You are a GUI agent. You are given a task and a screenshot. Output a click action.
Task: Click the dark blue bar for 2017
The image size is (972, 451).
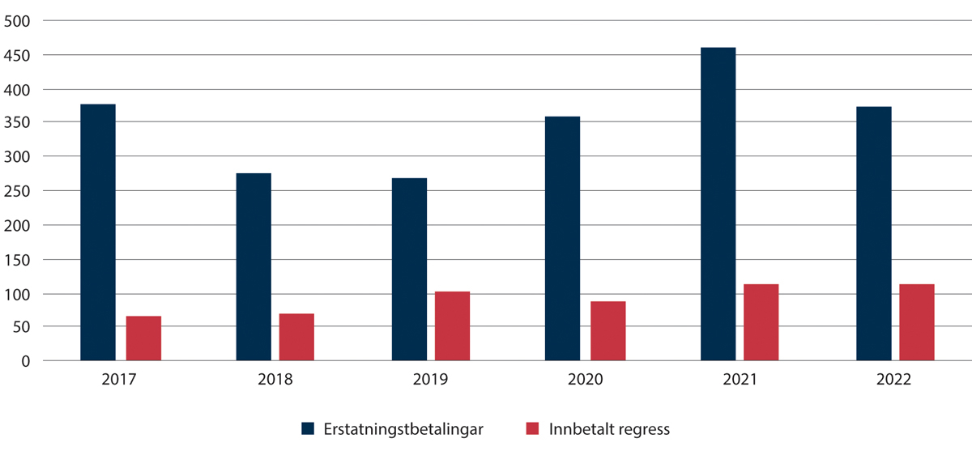tap(98, 232)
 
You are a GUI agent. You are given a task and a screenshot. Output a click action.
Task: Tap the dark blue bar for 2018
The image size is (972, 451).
tap(254, 267)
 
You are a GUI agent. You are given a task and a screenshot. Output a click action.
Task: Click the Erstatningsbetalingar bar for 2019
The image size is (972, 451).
tap(409, 270)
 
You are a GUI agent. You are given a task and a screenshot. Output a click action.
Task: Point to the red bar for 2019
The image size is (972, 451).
tap(452, 325)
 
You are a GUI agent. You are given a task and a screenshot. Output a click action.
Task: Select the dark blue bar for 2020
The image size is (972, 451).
tap(562, 239)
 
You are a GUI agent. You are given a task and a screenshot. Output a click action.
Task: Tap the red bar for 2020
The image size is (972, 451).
tap(607, 331)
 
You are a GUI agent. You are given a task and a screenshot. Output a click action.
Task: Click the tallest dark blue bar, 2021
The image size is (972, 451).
tap(718, 204)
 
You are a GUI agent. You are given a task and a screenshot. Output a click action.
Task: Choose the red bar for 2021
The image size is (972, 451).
tap(761, 322)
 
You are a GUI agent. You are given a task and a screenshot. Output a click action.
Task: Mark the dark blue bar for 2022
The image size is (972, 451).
tap(874, 234)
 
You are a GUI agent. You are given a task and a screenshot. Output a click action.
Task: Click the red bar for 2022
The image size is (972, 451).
tap(917, 322)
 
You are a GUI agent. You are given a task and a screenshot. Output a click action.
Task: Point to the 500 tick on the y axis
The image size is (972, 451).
tap(16, 21)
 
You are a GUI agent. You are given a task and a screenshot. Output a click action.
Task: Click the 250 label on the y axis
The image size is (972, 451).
tap(16, 191)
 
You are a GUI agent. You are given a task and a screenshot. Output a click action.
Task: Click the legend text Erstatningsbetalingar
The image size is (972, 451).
tap(403, 429)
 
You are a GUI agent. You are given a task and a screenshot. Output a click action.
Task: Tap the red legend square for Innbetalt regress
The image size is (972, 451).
tap(532, 429)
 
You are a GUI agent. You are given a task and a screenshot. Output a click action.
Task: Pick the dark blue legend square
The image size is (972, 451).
tap(308, 429)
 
